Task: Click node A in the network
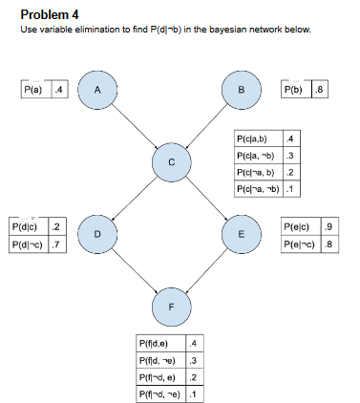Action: pyautogui.click(x=97, y=90)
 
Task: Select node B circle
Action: pyautogui.click(x=241, y=90)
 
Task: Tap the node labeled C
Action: pyautogui.click(x=171, y=162)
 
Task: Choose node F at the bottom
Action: pyautogui.click(x=171, y=307)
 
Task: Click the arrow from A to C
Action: pyautogui.click(x=134, y=126)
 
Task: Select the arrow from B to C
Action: pyautogui.click(x=206, y=126)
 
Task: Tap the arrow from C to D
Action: pyautogui.click(x=136, y=198)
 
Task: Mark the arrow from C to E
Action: pyautogui.click(x=206, y=198)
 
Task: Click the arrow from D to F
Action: pyautogui.click(x=134, y=270)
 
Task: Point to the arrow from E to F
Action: pyautogui.click(x=206, y=270)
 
